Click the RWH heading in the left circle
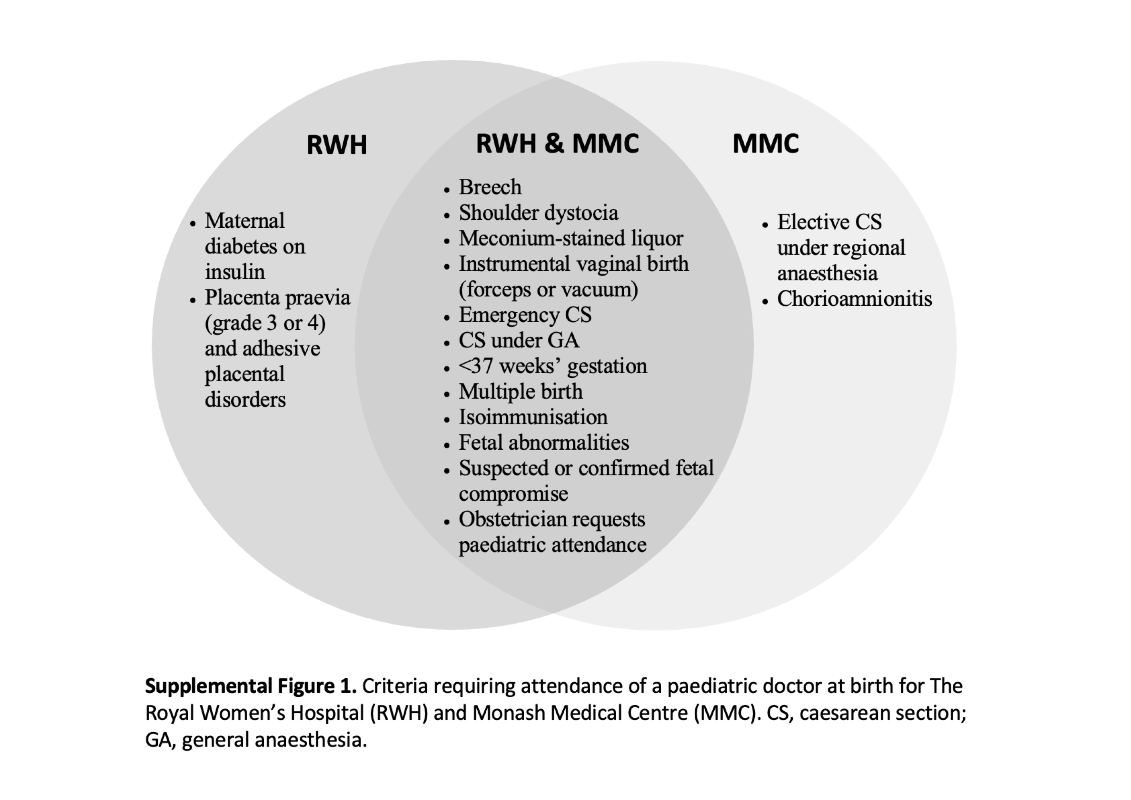click(x=337, y=145)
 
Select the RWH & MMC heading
click(x=557, y=143)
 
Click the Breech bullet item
click(x=490, y=187)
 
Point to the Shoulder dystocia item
click(x=538, y=213)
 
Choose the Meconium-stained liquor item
click(x=571, y=238)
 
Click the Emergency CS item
click(x=525, y=315)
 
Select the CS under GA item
click(x=519, y=340)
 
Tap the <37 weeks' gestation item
click(x=553, y=366)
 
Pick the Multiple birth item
click(x=521, y=392)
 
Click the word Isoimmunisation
click(x=533, y=417)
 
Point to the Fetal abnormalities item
click(x=544, y=442)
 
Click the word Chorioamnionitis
click(x=855, y=299)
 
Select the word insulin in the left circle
click(x=235, y=272)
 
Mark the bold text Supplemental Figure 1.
click(x=251, y=686)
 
